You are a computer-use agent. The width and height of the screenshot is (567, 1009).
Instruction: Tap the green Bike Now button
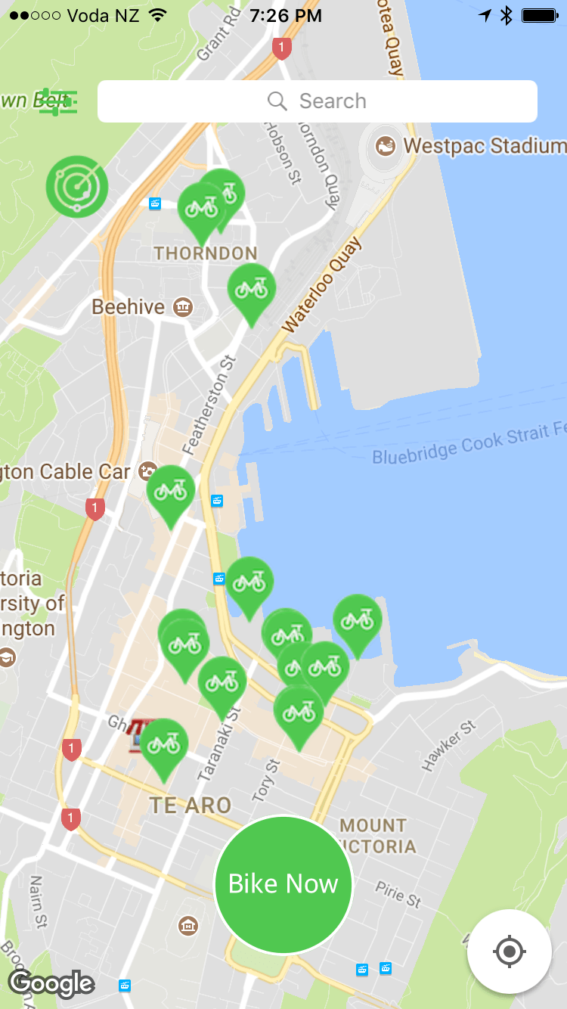pos(283,884)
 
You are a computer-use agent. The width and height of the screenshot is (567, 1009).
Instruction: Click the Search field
pos(318,101)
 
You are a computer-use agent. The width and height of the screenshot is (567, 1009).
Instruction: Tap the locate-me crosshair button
pos(509,951)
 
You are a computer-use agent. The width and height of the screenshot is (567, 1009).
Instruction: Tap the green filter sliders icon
pos(58,101)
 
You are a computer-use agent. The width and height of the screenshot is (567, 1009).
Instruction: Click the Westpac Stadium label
pos(484,145)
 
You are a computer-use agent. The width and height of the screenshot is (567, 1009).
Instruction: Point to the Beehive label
pos(129,307)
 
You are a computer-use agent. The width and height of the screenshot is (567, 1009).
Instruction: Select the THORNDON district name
pos(206,253)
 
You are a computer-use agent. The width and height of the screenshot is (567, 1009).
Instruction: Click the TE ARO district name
pos(191,805)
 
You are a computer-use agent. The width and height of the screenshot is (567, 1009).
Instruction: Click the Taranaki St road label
pos(219,745)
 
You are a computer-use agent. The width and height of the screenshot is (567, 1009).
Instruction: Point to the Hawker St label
pos(449,747)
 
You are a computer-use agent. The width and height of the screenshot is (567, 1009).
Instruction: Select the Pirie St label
pos(398,895)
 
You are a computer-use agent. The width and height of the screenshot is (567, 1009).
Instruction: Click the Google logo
pos(51,983)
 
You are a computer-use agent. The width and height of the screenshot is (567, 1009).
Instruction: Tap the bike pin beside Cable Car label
pos(170,492)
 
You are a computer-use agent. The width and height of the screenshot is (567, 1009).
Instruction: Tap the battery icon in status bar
pos(539,15)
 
